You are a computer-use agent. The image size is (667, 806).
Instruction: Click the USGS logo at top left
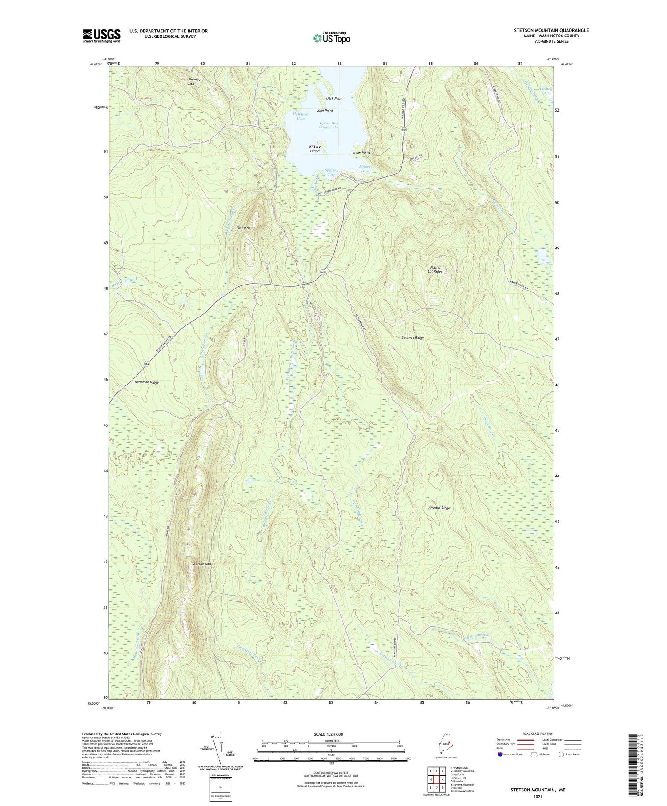coord(101,36)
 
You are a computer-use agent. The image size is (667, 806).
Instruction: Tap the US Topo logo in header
coord(332,38)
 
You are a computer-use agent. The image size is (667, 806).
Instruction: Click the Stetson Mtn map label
coord(201,564)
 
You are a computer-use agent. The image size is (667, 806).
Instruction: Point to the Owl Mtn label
coord(243,228)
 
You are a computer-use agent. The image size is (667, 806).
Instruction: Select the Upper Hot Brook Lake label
coord(329,125)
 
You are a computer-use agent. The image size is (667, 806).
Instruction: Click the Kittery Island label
coord(315,148)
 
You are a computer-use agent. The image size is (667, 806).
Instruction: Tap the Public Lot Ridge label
coord(435,269)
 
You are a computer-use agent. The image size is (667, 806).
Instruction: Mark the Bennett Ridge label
coord(413,338)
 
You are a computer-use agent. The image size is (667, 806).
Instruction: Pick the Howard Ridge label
coord(439,508)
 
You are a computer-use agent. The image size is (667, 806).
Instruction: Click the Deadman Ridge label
coord(147,382)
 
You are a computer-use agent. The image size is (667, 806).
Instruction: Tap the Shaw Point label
coord(361,152)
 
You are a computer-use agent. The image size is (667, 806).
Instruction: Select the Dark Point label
coord(334,98)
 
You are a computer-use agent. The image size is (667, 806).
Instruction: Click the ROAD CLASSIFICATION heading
coord(538,734)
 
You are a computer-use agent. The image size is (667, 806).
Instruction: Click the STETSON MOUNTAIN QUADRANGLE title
coord(552,30)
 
